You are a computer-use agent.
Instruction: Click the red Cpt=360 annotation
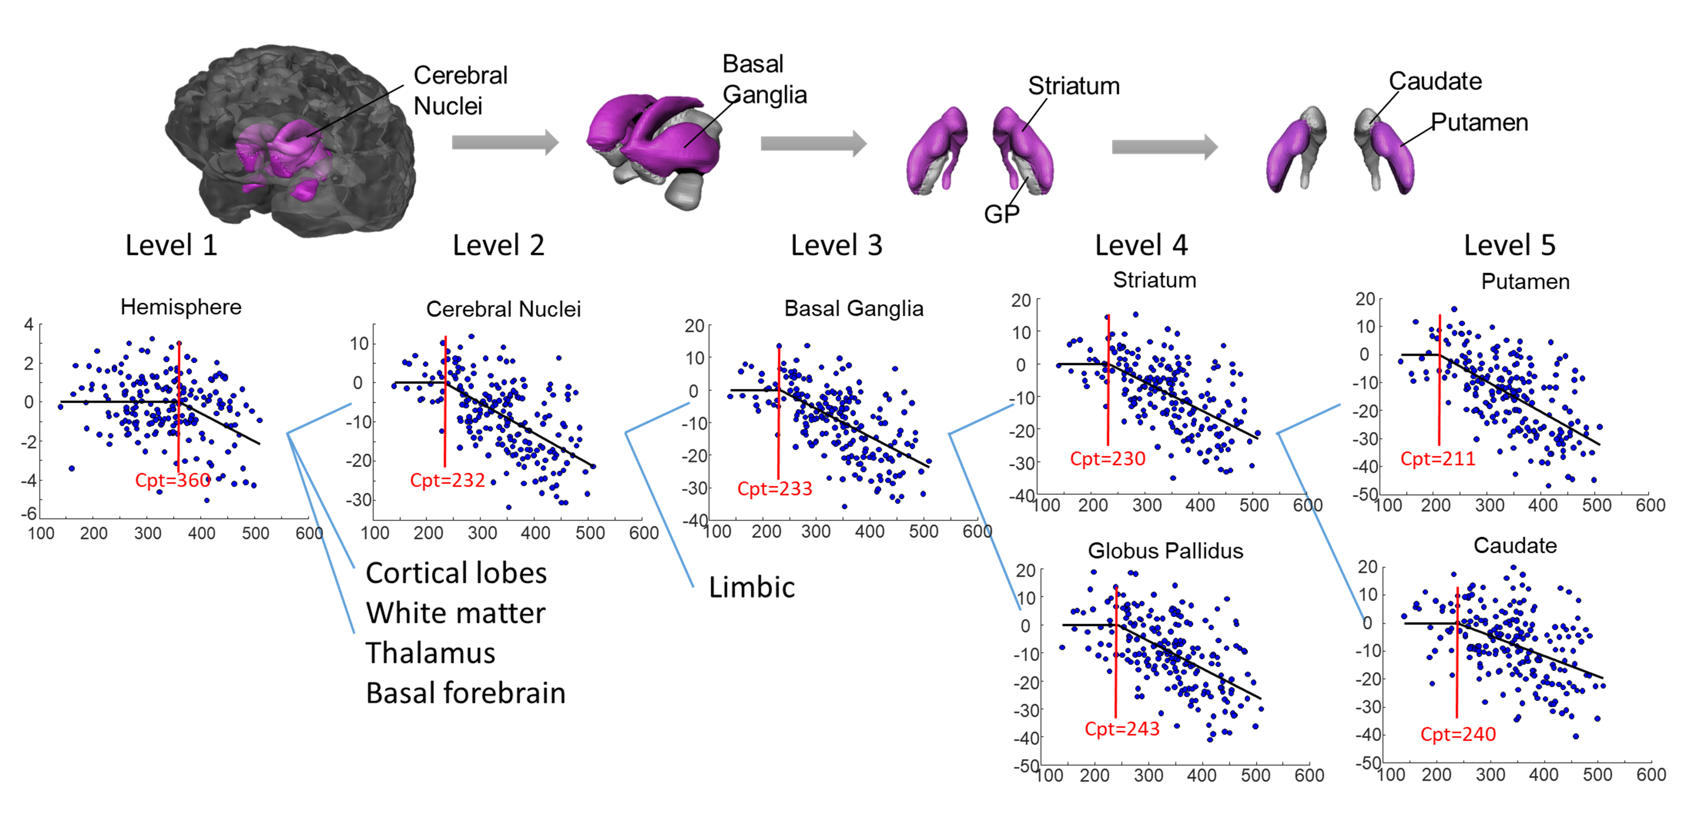172,480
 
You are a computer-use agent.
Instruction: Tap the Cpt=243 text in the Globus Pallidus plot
1122,729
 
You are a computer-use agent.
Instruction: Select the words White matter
456,613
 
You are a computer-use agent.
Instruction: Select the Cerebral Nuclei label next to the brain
461,90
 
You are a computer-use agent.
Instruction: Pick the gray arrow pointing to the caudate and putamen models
1164,147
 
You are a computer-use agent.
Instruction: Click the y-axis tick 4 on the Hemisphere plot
28,324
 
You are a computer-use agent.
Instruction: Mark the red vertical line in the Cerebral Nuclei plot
445,403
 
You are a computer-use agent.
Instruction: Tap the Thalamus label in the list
430,653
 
